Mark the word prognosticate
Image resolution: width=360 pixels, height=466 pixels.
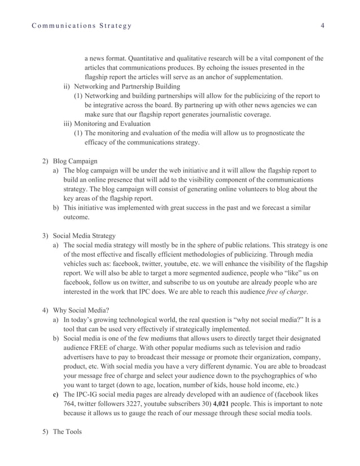273,133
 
